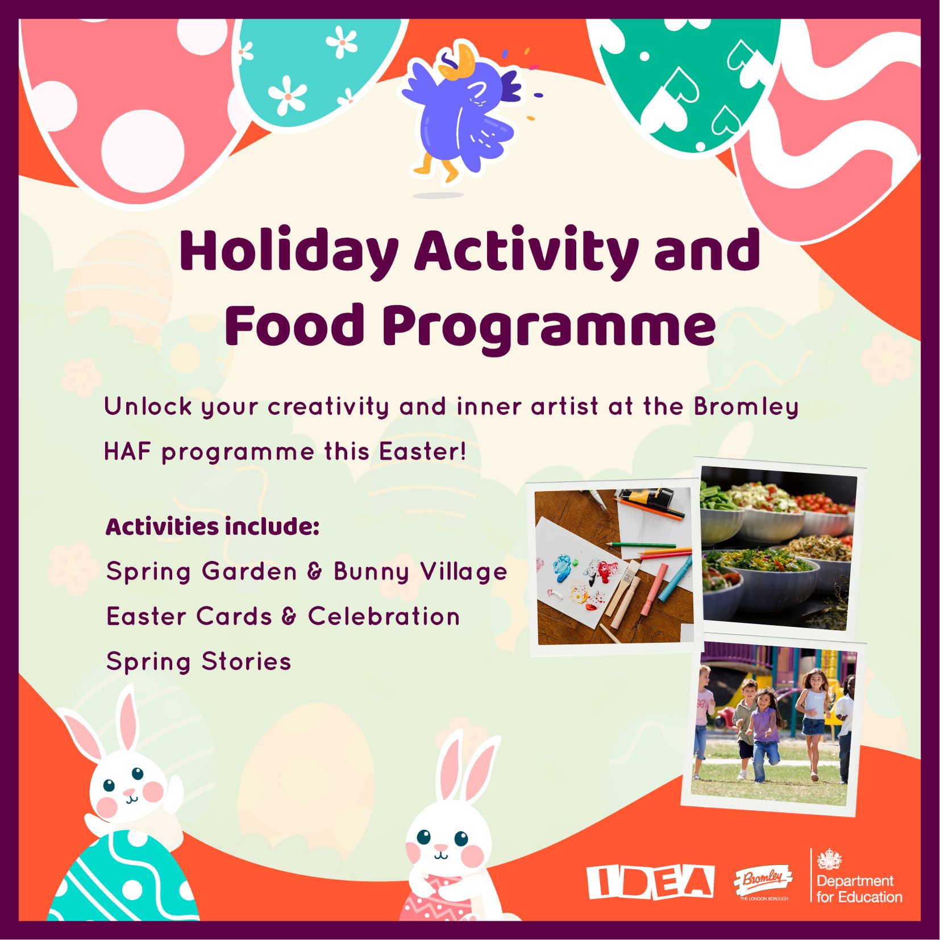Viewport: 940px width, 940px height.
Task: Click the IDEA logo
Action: click(650, 882)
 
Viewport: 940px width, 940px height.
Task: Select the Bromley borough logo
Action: click(763, 883)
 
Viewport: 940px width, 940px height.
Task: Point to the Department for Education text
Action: click(859, 889)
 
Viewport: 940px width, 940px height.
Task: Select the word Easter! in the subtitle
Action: click(423, 452)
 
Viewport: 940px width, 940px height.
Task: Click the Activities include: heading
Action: click(213, 526)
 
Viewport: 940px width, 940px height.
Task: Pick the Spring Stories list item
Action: click(198, 662)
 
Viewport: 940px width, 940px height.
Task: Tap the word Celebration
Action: click(384, 616)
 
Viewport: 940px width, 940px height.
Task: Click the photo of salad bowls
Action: click(778, 548)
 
